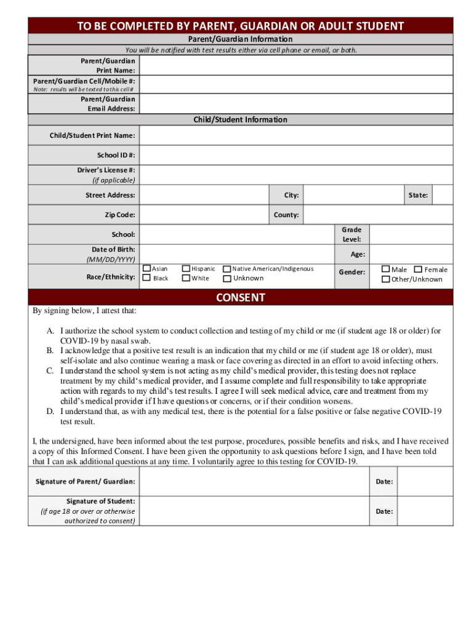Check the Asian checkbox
click(x=147, y=269)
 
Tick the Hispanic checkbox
click(x=186, y=269)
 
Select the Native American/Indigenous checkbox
click(x=227, y=269)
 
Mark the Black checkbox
click(x=147, y=278)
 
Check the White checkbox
click(x=186, y=278)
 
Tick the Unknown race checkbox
click(x=227, y=278)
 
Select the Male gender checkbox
click(x=385, y=269)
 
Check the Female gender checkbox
click(x=418, y=269)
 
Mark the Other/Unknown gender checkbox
click(x=385, y=279)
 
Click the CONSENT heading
click(x=241, y=298)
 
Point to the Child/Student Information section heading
click(x=241, y=120)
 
